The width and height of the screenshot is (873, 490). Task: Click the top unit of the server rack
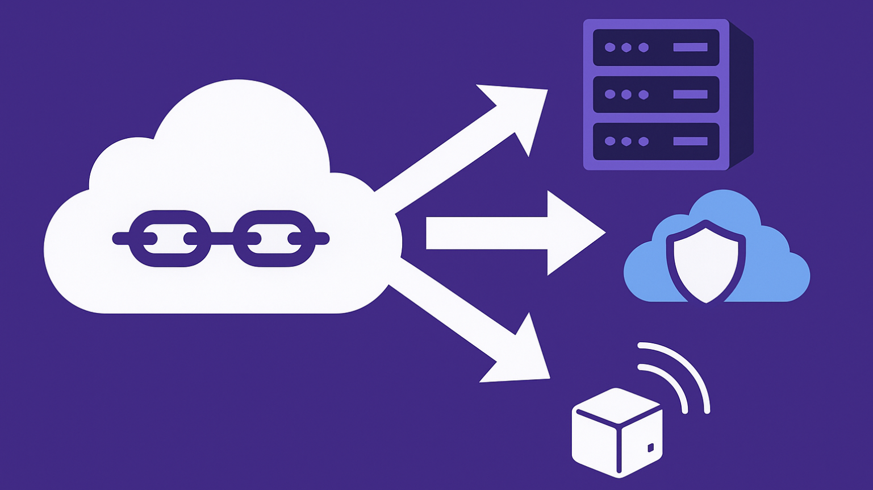(x=656, y=48)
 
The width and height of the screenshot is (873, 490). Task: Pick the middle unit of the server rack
(x=656, y=94)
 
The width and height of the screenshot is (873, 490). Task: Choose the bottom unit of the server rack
(x=656, y=141)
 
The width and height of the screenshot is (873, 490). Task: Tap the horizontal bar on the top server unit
(x=690, y=48)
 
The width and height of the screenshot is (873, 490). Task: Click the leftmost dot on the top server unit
(x=609, y=48)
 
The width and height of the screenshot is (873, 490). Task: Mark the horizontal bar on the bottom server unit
(x=690, y=141)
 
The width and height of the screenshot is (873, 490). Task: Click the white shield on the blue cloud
(x=706, y=264)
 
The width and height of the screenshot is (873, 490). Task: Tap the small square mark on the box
(x=650, y=448)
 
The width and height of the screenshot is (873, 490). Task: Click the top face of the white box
(x=618, y=405)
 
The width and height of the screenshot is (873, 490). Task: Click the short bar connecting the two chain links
(x=222, y=238)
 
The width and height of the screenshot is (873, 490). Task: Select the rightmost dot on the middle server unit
(x=644, y=94)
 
